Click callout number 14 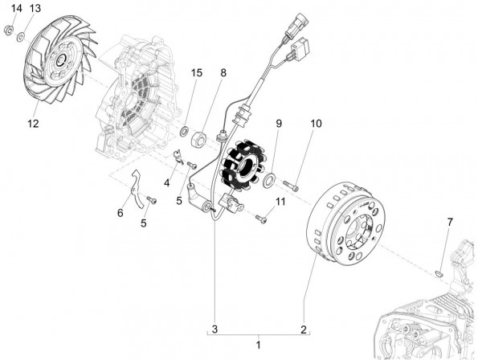(17, 8)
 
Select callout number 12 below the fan (33, 123)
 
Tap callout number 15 (196, 73)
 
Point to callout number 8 (223, 73)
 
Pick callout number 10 (316, 124)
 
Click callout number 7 (450, 221)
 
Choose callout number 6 (120, 213)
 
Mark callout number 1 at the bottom (258, 344)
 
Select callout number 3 (214, 329)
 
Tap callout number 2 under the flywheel (304, 329)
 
